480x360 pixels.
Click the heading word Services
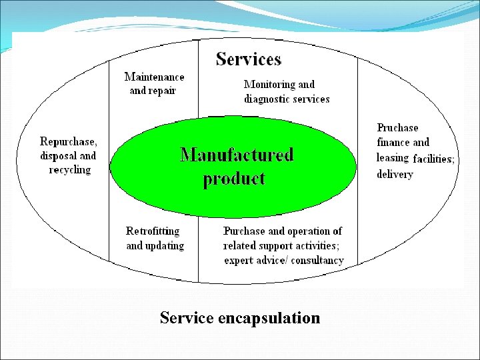tap(249, 59)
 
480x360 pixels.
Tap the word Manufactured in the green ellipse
tap(237, 155)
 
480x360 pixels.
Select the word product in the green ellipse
tap(234, 179)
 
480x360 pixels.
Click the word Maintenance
tap(154, 77)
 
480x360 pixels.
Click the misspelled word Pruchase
tap(397, 127)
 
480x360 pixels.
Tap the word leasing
tap(392, 158)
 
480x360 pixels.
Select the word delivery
tap(395, 174)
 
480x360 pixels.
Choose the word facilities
tap(433, 159)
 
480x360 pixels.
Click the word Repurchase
tap(68, 141)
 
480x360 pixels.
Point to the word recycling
tap(69, 170)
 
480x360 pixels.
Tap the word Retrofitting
tap(153, 231)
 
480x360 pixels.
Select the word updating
tap(165, 246)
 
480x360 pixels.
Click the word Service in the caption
tap(186, 318)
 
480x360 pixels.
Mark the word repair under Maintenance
tap(162, 91)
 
